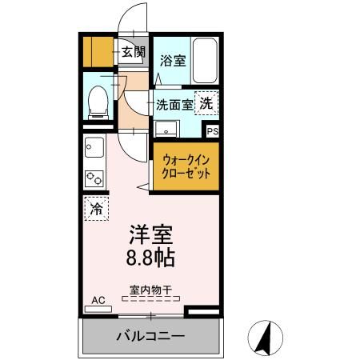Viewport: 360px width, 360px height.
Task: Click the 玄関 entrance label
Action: point(134,53)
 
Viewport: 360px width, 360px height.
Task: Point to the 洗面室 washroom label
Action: point(174,104)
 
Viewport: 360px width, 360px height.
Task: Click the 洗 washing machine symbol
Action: point(206,103)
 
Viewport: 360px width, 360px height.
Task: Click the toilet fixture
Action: point(98,102)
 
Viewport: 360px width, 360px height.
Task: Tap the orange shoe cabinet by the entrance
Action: point(99,51)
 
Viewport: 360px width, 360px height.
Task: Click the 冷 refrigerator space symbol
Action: point(96,210)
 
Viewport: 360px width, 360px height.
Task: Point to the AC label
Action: point(98,300)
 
